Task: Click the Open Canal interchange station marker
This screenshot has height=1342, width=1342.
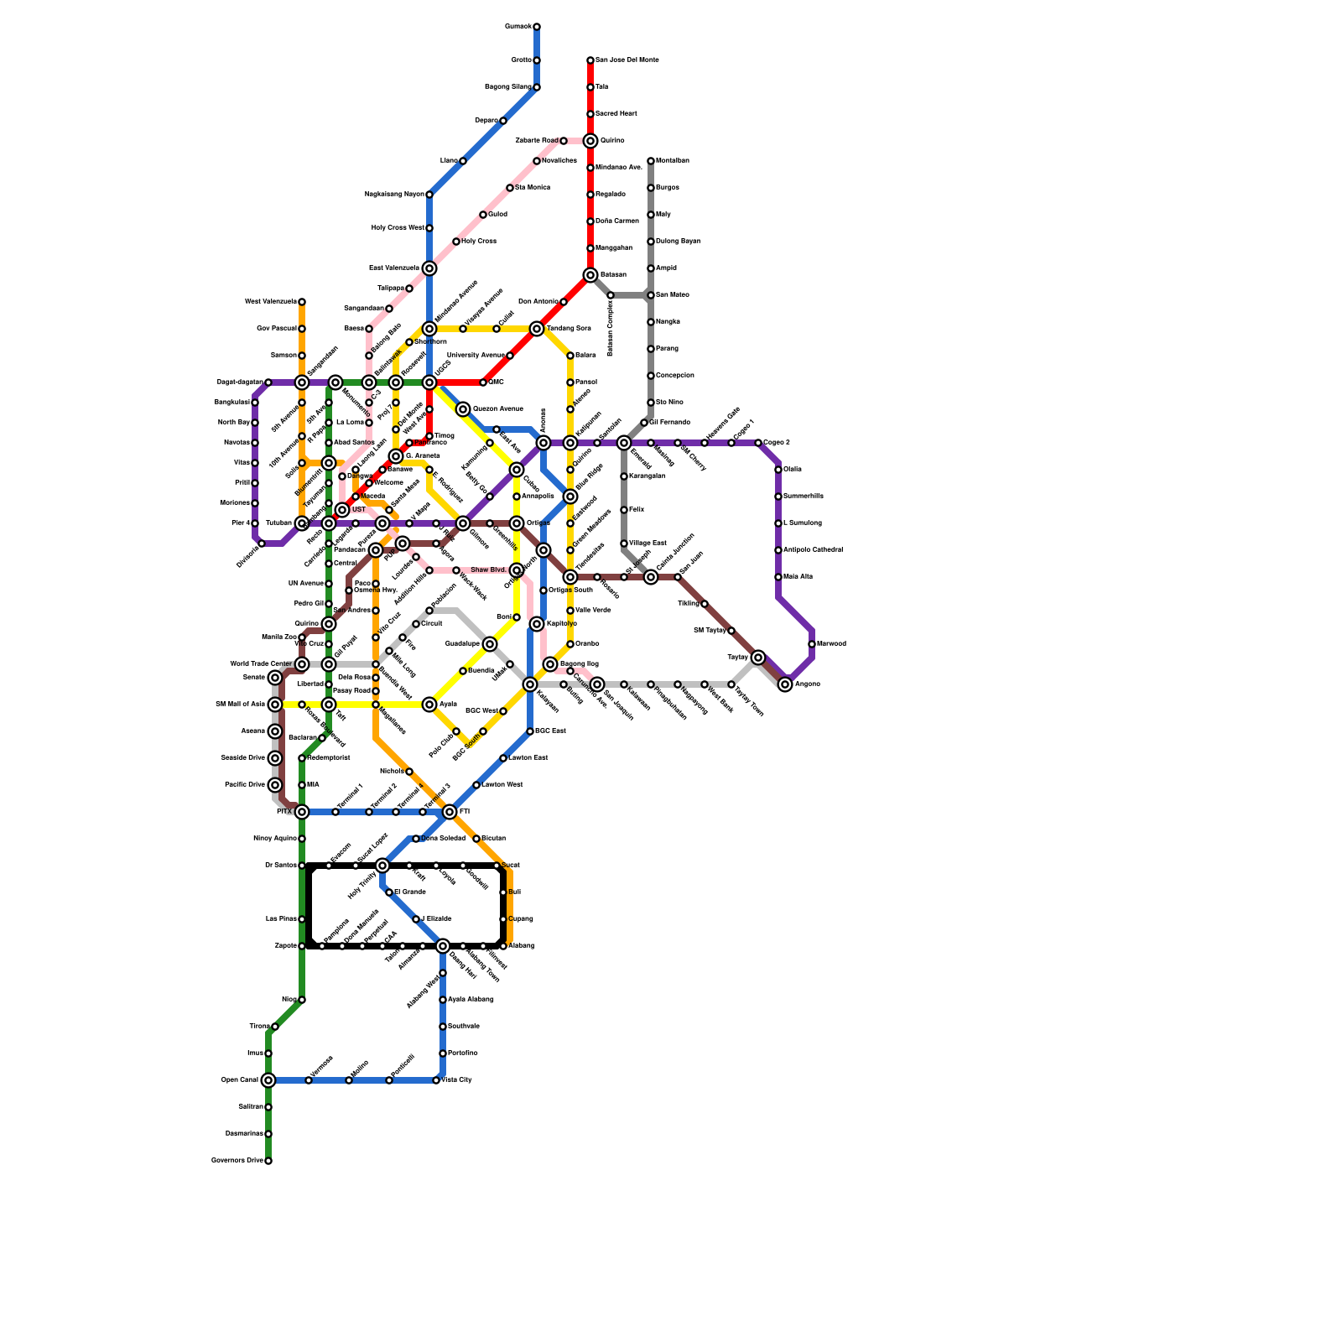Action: (x=268, y=1080)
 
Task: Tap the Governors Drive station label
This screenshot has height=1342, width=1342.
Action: (x=237, y=1161)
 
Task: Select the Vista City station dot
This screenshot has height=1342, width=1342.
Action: (x=436, y=1080)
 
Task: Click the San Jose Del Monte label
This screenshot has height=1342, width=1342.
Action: (x=627, y=60)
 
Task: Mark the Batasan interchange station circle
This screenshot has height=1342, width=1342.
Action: (x=590, y=275)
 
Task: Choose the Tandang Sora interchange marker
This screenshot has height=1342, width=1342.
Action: (x=537, y=329)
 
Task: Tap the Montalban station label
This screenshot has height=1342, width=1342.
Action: (x=672, y=161)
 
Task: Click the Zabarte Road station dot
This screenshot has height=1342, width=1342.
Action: (x=564, y=141)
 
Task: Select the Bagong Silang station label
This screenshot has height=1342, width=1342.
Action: (x=508, y=87)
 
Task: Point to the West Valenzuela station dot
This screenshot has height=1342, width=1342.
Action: (x=302, y=302)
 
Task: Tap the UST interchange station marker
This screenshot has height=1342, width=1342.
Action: (x=342, y=510)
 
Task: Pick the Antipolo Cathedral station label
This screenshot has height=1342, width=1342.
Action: (x=813, y=550)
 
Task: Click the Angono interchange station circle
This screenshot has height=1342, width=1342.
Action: (x=785, y=684)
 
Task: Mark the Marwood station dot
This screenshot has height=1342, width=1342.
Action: (x=812, y=644)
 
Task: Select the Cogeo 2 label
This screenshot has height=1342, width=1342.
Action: (x=777, y=443)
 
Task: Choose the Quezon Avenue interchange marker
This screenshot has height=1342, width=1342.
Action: (x=463, y=409)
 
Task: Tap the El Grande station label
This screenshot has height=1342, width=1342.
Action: (x=409, y=892)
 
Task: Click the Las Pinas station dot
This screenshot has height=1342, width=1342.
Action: (x=302, y=919)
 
